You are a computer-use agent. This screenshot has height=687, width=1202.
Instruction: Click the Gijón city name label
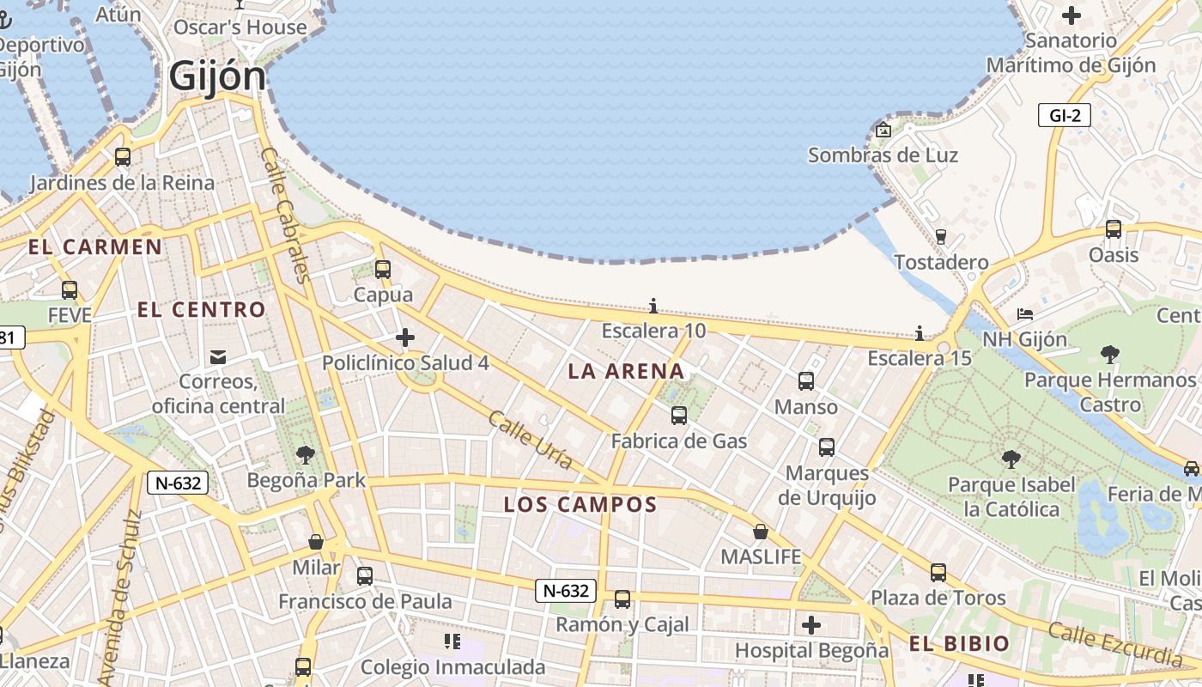(x=217, y=76)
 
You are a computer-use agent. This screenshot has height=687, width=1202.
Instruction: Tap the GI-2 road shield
(x=1064, y=115)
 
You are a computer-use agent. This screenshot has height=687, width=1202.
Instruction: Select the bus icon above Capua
(x=383, y=269)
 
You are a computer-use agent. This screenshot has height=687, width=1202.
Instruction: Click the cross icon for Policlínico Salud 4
(x=405, y=337)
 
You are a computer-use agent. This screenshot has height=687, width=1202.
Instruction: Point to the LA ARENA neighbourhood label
(x=626, y=372)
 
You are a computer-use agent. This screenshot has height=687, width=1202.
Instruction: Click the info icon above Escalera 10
(x=653, y=306)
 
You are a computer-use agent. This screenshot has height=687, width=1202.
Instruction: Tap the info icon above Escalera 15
(x=920, y=333)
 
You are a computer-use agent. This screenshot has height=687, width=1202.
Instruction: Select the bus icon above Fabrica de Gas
(x=678, y=416)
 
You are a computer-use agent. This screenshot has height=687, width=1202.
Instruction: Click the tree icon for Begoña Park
(x=305, y=455)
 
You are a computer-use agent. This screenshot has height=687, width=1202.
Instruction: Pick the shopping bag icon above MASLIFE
(x=760, y=532)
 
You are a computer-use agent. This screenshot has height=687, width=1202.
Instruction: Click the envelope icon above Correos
(x=218, y=356)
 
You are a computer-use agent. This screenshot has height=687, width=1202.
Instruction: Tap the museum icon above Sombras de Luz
(x=883, y=131)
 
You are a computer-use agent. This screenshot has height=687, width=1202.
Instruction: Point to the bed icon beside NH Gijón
(x=1025, y=313)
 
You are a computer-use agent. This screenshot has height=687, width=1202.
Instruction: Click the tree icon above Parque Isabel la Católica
(x=1011, y=459)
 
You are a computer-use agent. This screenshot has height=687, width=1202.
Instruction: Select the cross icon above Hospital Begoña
(x=811, y=625)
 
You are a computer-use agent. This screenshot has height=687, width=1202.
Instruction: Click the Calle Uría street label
(x=530, y=440)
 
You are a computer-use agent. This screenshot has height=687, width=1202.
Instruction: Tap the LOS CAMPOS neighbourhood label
(x=580, y=505)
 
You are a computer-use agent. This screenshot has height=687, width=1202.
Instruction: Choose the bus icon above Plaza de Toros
(x=938, y=572)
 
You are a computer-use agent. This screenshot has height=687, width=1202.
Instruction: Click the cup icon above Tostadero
(x=940, y=236)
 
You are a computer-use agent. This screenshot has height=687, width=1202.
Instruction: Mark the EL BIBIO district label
(x=959, y=644)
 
